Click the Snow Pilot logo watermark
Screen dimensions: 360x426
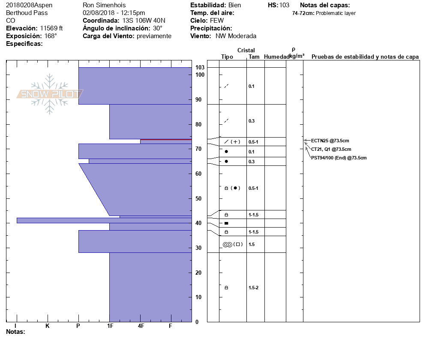point(50,94)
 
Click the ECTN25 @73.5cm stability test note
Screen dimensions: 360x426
point(330,141)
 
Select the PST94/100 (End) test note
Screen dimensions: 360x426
point(339,158)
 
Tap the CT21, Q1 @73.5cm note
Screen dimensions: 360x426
point(331,149)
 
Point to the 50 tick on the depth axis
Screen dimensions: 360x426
point(198,198)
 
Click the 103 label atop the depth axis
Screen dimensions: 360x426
point(200,68)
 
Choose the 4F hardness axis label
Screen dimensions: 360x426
point(141,326)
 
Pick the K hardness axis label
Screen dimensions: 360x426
point(48,326)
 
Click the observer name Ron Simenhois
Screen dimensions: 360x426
point(104,5)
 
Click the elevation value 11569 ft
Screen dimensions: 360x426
point(51,28)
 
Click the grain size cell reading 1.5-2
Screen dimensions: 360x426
point(253,288)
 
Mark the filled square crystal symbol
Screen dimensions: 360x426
point(226,223)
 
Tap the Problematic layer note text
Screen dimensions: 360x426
point(336,13)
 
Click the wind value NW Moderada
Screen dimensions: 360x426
point(236,36)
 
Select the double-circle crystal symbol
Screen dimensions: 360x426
point(227,244)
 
